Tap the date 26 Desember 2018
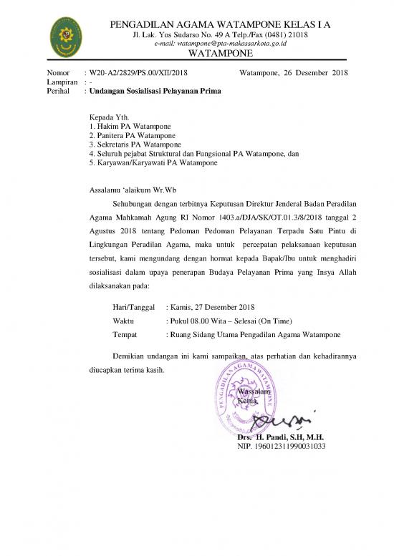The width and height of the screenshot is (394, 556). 316,73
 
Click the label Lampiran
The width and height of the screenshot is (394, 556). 62,82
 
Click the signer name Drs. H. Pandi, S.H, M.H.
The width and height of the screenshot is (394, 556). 280,436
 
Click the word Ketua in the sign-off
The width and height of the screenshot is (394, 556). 248,401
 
